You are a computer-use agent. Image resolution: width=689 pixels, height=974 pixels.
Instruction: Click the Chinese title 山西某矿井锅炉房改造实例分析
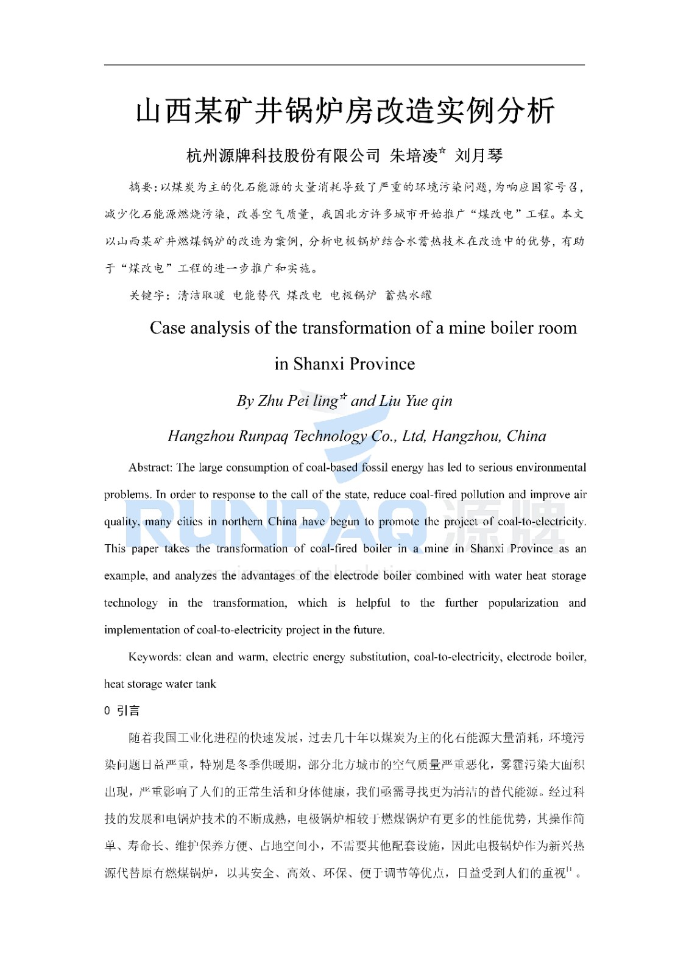345,111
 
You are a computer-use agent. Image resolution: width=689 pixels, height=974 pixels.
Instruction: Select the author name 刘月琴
479,156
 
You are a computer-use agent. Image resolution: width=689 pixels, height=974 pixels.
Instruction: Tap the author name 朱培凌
414,156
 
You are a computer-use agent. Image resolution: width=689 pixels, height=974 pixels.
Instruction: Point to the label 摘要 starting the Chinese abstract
141,187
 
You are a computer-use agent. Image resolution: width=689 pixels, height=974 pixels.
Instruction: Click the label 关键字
146,295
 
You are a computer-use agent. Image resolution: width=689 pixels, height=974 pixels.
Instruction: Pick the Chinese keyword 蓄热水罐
408,295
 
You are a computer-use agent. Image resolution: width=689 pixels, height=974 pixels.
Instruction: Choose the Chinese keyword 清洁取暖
201,295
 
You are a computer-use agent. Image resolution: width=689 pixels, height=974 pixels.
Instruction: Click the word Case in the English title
168,328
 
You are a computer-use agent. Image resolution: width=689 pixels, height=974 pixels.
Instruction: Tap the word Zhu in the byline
270,401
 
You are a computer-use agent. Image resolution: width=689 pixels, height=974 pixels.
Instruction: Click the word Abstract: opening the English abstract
150,468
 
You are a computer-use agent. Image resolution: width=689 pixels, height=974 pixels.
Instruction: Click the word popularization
523,603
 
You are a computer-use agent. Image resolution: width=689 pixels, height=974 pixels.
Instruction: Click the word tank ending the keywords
206,684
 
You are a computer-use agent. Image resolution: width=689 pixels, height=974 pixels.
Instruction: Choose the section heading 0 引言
122,710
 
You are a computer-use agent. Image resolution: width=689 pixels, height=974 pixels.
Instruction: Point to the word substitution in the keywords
378,657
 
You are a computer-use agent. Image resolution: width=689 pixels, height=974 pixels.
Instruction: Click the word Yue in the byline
417,401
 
